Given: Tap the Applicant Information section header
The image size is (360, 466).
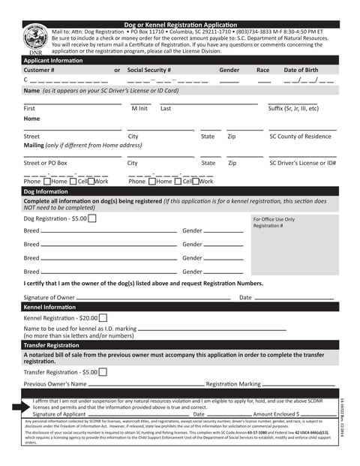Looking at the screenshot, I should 52,59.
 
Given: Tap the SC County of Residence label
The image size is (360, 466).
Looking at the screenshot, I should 300,137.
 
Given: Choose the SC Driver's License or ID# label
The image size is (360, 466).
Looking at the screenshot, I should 302,163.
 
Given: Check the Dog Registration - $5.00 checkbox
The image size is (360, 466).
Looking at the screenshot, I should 92,218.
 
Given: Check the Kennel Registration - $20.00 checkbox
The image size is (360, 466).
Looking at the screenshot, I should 103,318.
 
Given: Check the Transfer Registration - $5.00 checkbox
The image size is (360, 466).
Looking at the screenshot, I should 103,371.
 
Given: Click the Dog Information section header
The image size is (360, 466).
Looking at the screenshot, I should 46,191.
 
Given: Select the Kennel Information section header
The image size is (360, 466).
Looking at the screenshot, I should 49,308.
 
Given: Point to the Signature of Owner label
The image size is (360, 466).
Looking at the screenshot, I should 49,298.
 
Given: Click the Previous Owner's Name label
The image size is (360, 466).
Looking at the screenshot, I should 55,384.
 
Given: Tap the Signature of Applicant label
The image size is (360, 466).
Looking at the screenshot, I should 59,413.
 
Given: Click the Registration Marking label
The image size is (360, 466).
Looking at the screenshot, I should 233,384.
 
